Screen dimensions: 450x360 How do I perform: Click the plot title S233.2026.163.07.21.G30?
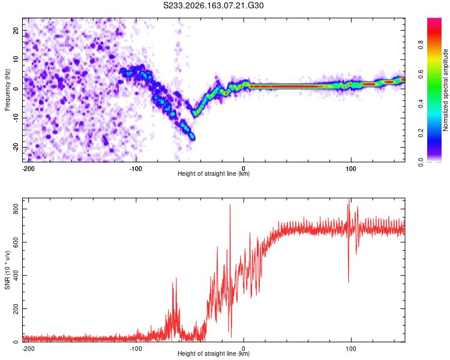pos(213,5)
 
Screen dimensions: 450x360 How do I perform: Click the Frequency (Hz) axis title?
pos(7,90)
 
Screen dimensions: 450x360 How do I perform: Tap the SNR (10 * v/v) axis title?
pos(7,270)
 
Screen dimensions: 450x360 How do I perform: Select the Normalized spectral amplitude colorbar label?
pos(445,90)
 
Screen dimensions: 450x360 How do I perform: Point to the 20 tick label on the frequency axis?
pos(16,31)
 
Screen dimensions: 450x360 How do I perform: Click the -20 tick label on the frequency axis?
pos(16,148)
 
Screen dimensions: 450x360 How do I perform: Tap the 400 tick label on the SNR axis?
pos(16,275)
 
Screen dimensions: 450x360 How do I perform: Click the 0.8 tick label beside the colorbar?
pos(421,45)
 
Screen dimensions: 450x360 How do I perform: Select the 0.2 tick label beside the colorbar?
pos(421,133)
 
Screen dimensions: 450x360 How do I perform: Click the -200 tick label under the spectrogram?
pos(28,169)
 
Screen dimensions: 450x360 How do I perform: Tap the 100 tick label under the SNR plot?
pos(351,349)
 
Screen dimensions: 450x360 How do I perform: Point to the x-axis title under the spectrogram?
pos(214,173)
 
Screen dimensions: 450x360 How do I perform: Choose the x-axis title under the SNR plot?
pos(214,353)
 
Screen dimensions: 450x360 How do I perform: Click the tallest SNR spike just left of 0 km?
pos(230,205)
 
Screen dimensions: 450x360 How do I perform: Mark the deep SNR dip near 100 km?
pos(349,282)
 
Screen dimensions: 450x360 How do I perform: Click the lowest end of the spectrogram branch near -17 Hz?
pos(193,138)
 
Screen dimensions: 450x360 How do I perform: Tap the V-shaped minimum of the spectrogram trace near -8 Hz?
pos(196,113)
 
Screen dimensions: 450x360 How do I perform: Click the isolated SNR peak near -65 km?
pos(176,278)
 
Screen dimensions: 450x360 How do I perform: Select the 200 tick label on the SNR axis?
pos(16,308)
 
